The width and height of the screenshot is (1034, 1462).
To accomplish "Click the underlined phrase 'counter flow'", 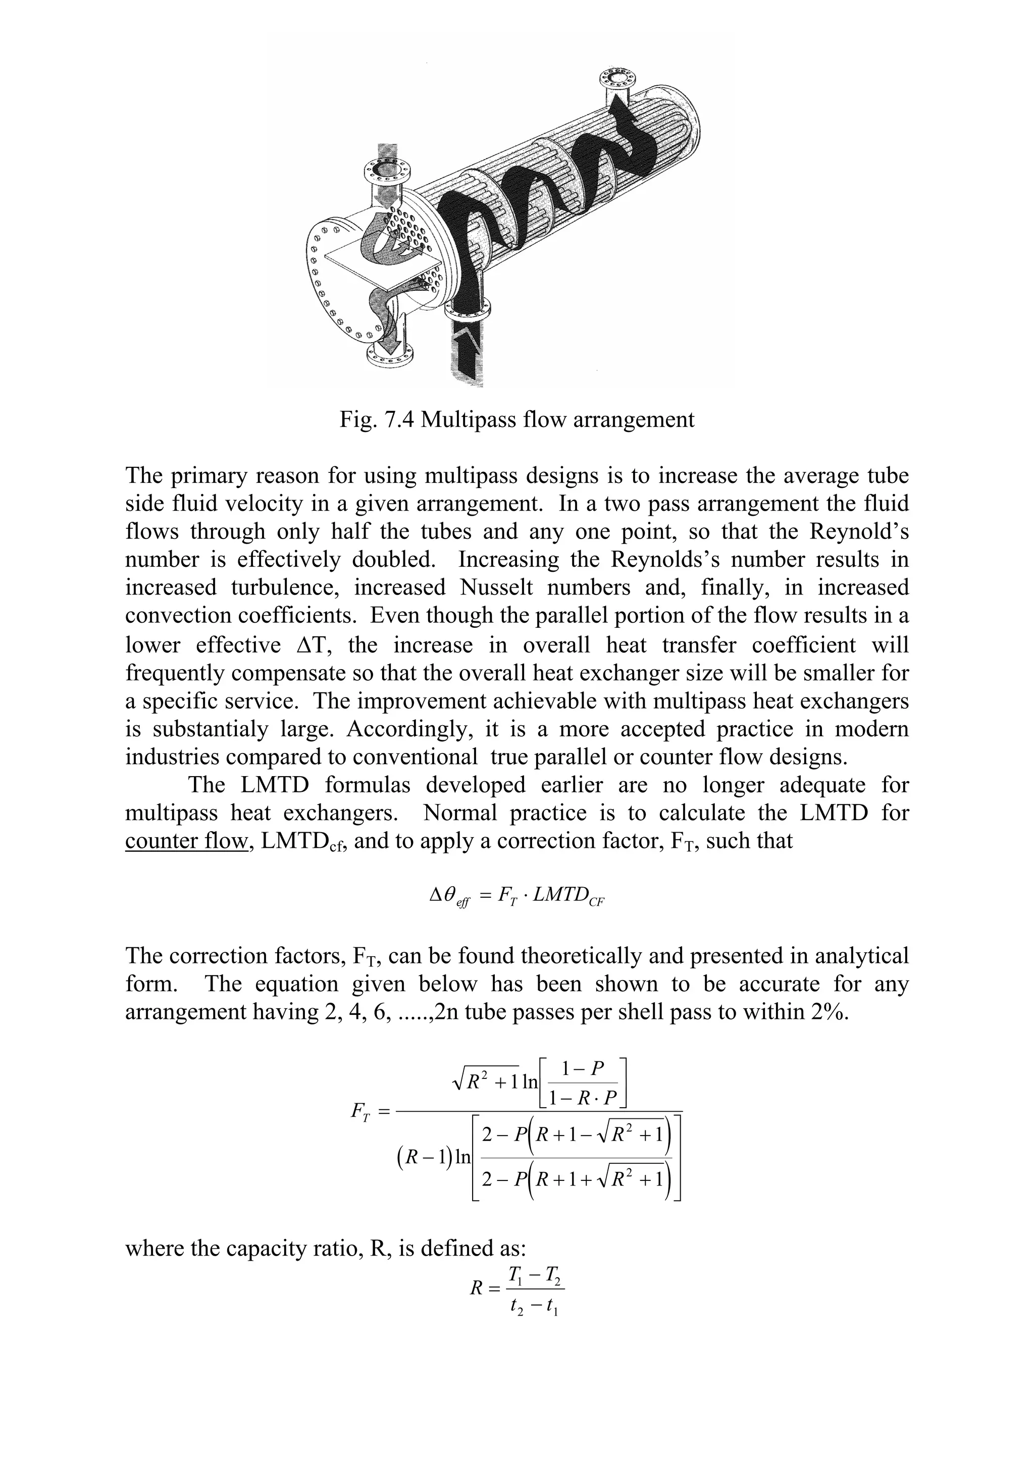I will click(185, 841).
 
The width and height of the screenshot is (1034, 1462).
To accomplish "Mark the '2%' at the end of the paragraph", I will click(828, 1012).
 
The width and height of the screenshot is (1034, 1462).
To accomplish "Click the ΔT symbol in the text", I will click(315, 645).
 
